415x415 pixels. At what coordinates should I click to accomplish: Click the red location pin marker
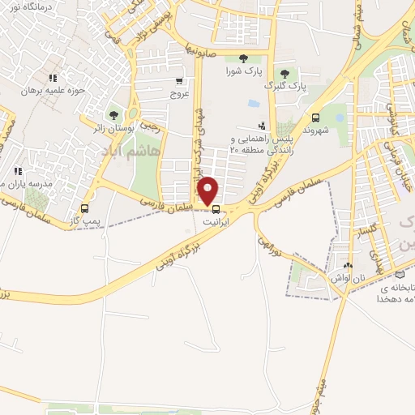click(209, 190)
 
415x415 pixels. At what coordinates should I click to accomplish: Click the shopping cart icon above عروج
click(178, 81)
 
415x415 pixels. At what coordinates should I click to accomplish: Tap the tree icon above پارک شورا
click(244, 57)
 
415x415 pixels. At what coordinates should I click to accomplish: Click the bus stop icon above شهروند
click(315, 117)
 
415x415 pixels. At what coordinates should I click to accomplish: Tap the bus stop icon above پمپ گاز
click(85, 207)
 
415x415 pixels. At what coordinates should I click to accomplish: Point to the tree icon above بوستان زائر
click(113, 115)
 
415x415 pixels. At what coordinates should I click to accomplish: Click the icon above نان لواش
click(349, 265)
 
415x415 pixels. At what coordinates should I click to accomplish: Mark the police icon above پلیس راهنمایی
click(261, 126)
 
